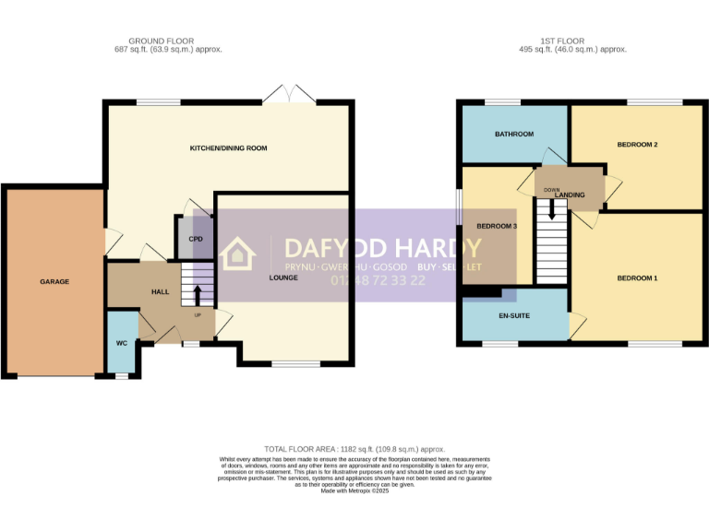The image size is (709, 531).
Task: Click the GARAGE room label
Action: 54,281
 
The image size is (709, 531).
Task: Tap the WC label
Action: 121,343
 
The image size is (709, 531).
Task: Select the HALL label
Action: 160,291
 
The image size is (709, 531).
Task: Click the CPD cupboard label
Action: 196,239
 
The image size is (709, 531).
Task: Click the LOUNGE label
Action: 282,277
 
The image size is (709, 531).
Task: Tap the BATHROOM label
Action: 513,134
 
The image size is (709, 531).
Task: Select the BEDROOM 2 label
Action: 637,145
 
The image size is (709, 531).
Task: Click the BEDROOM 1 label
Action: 637,278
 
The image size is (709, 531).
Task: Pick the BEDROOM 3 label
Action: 497,226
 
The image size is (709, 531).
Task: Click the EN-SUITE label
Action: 513,316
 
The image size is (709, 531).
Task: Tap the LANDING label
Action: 570,195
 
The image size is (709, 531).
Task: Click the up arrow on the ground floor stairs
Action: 196,294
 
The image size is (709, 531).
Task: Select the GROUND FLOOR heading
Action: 162,41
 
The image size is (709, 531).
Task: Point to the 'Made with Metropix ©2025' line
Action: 355,491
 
